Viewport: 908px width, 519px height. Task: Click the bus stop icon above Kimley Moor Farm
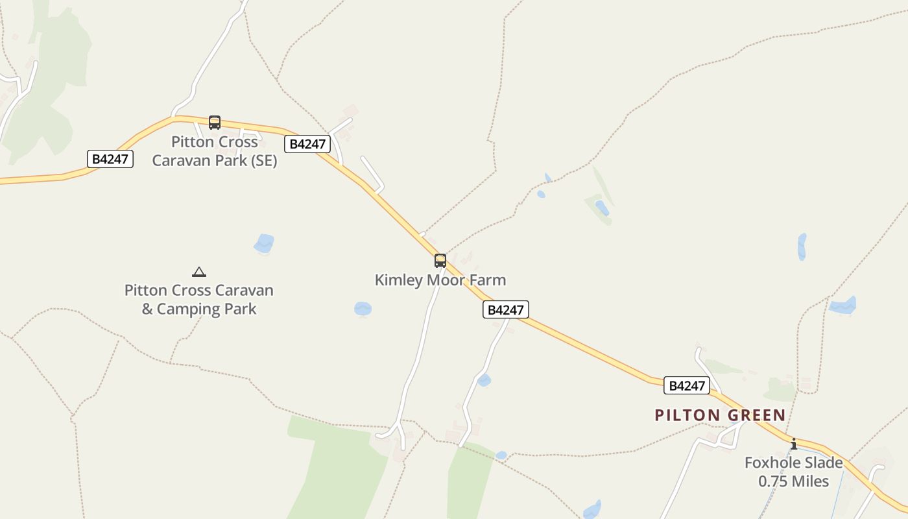(440, 261)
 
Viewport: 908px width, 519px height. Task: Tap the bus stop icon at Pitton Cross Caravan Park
(215, 122)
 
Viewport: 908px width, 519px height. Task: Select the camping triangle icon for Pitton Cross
(199, 272)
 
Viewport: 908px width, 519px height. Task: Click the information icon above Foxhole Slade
(793, 444)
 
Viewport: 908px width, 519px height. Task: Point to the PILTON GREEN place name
(720, 415)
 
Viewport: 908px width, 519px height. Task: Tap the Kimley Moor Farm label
(440, 280)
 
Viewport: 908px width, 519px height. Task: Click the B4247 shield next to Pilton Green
(687, 385)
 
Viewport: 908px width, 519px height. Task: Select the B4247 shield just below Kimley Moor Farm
(506, 310)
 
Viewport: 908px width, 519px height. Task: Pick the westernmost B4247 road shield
(110, 159)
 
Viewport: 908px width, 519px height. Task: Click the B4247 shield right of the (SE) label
(307, 144)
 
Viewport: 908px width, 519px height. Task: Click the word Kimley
(397, 280)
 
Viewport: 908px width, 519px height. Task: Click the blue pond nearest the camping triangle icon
(264, 244)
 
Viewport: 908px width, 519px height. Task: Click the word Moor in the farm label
(444, 280)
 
